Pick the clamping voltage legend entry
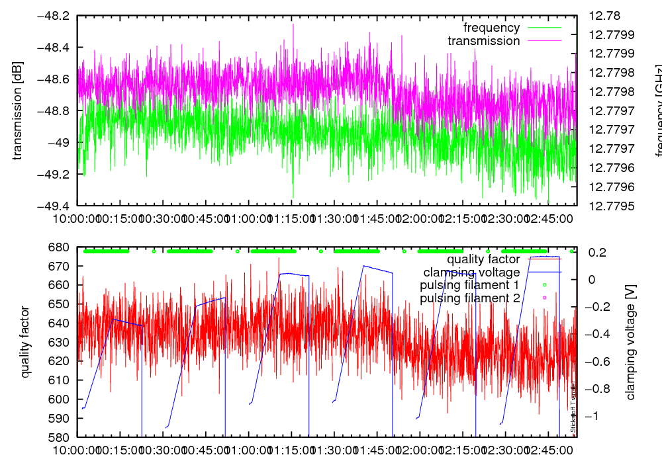pos(472,272)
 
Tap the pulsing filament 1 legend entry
pos(469,285)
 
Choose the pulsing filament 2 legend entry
pos(469,298)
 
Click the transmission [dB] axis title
pos(17,110)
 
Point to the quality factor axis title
pos(26,342)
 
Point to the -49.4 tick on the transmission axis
pos(57,206)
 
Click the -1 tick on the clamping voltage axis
pos(597,415)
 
